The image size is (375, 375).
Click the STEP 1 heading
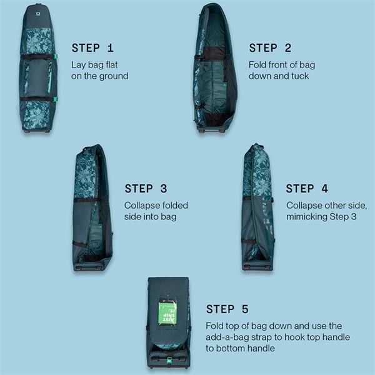(x=92, y=48)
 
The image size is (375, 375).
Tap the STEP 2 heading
(x=270, y=48)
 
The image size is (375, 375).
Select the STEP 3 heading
(x=146, y=189)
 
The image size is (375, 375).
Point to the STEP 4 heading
(x=307, y=189)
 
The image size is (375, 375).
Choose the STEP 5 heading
(x=227, y=309)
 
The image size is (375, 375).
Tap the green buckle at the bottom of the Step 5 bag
(x=169, y=359)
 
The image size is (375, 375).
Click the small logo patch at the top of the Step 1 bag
(x=38, y=14)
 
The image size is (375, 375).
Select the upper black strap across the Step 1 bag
(x=36, y=57)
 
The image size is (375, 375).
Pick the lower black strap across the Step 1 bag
(x=37, y=99)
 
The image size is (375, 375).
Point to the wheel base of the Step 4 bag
(x=257, y=267)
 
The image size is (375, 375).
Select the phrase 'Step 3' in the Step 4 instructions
(x=343, y=217)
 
